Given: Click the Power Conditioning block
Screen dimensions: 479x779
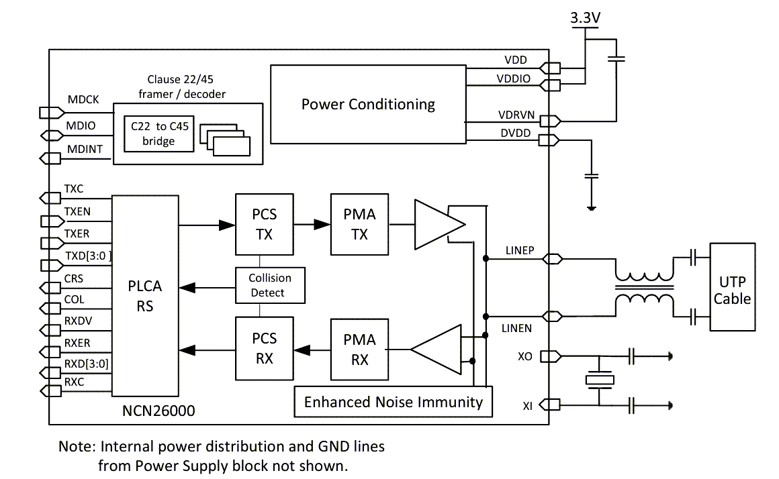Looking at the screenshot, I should [368, 104].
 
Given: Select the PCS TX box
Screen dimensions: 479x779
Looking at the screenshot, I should [264, 225].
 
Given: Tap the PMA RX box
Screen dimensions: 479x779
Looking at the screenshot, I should [359, 350].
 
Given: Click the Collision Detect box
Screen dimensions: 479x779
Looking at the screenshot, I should [270, 285].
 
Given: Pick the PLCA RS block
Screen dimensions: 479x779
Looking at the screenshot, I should [145, 296].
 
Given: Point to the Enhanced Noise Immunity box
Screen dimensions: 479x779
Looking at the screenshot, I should [394, 402].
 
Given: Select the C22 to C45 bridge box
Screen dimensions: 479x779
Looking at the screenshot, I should [158, 134].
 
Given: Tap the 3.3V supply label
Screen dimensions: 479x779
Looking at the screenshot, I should [585, 19].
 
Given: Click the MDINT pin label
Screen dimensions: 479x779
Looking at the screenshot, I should [85, 149].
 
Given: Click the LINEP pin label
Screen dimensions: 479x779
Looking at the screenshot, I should [519, 251].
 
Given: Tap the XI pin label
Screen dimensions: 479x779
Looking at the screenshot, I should [527, 405].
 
